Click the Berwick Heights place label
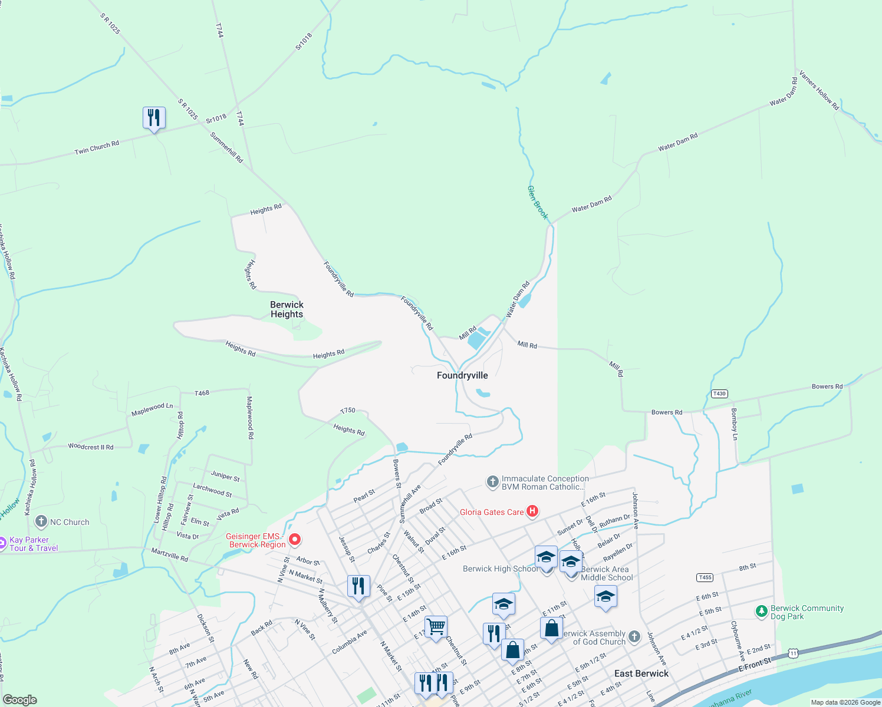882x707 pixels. (287, 309)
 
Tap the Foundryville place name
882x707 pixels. (462, 375)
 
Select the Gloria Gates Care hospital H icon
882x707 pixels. (532, 511)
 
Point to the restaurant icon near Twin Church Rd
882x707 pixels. (154, 118)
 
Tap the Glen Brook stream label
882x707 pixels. (537, 203)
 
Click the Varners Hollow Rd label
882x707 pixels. (819, 93)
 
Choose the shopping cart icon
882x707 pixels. (436, 627)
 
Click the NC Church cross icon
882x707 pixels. (41, 521)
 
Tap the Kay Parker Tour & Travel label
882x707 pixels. (33, 544)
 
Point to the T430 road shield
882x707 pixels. (719, 394)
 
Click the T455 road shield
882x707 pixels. (705, 577)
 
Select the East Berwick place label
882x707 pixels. (641, 673)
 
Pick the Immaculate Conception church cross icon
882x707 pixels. (492, 482)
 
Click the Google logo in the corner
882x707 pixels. (20, 700)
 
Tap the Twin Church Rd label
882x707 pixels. (97, 147)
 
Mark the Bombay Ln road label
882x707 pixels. (734, 424)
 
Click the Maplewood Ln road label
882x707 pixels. (152, 409)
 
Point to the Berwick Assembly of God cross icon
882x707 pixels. (634, 637)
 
